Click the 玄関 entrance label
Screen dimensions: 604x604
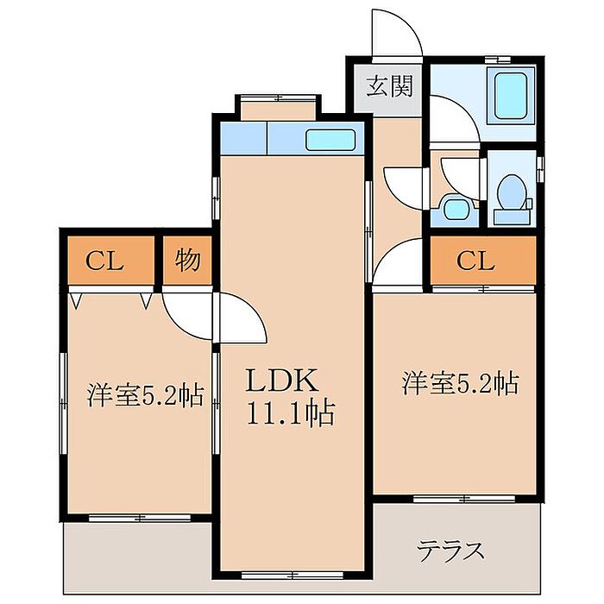coord(389,86)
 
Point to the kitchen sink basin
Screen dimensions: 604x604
coord(330,140)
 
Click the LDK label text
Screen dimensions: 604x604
coord(282,381)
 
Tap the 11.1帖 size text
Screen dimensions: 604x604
coord(291,413)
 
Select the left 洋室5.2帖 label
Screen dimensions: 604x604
coord(145,395)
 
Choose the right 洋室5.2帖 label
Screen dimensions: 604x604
coord(460,382)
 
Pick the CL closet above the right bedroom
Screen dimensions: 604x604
coord(483,261)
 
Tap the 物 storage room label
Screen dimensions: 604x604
coord(187,261)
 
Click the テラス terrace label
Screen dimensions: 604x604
coord(451,551)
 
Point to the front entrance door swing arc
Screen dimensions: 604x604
coord(408,23)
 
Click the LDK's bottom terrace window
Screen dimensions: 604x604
coord(293,576)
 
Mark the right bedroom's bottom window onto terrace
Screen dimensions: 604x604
coord(464,500)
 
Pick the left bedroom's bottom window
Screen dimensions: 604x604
coord(140,518)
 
